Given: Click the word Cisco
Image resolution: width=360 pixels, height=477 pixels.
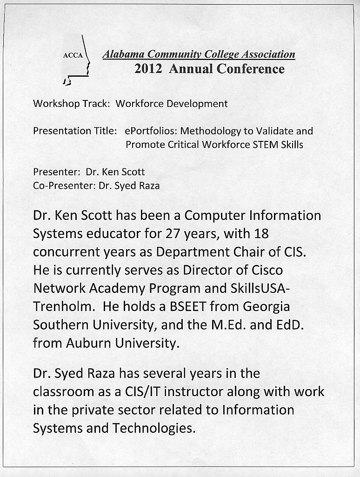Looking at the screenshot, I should coord(265,270).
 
